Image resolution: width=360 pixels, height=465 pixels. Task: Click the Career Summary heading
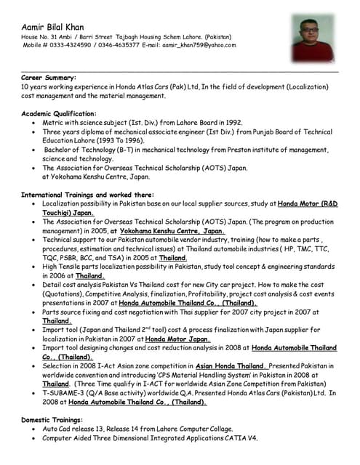tap(49, 76)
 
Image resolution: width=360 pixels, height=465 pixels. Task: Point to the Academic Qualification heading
tap(59, 114)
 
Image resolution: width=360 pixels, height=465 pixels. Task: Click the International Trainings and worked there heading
tap(87, 195)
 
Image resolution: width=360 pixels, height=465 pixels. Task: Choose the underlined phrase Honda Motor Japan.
tap(178, 339)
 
